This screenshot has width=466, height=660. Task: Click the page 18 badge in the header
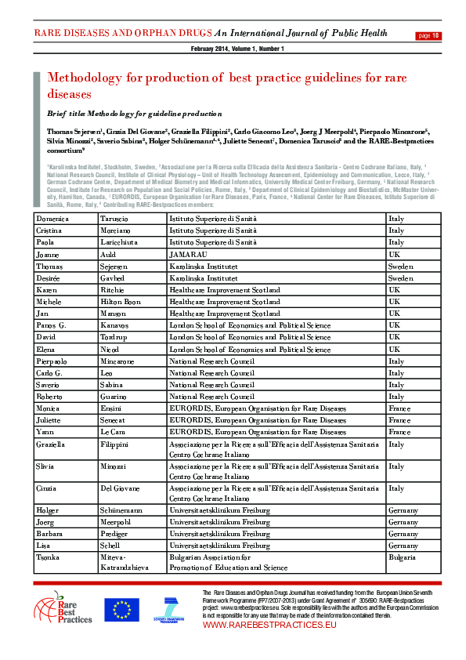pyautogui.click(x=430, y=35)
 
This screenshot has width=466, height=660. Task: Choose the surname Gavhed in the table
pyautogui.click(x=114, y=278)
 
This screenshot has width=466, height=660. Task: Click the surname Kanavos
pyautogui.click(x=116, y=325)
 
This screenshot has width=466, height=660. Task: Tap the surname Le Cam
pyautogui.click(x=114, y=432)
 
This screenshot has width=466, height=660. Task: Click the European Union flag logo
pyautogui.click(x=121, y=610)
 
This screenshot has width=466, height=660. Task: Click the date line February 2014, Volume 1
pyautogui.click(x=237, y=49)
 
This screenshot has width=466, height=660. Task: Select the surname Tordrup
pyautogui.click(x=115, y=337)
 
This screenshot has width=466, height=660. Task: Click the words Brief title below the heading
pyautogui.click(x=63, y=114)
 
